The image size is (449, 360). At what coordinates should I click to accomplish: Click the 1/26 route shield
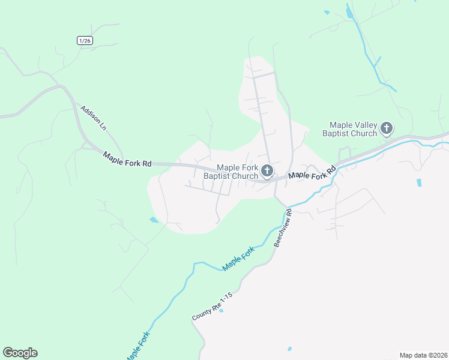pos(85,40)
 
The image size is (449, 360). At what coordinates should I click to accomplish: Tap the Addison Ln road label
pos(94,118)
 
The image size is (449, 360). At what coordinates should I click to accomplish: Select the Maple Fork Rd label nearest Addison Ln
pos(127,158)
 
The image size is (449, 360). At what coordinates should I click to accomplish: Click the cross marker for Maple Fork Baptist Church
pos(267,172)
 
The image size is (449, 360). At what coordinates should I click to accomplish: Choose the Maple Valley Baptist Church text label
pos(349,128)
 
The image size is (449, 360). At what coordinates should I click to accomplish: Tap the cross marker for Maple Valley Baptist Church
pos(387,128)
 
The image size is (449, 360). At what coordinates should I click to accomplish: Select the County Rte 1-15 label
pos(211,307)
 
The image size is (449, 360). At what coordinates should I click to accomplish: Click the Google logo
pos(20,353)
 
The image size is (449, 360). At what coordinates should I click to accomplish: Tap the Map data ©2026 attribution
pos(423,355)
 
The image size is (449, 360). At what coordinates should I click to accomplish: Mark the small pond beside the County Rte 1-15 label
pos(221,310)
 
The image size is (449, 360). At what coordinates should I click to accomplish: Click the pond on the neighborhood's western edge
pos(154,220)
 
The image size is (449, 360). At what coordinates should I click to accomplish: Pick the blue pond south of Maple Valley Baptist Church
pos(418,182)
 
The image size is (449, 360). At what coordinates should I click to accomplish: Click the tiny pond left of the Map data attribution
pos(289,349)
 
